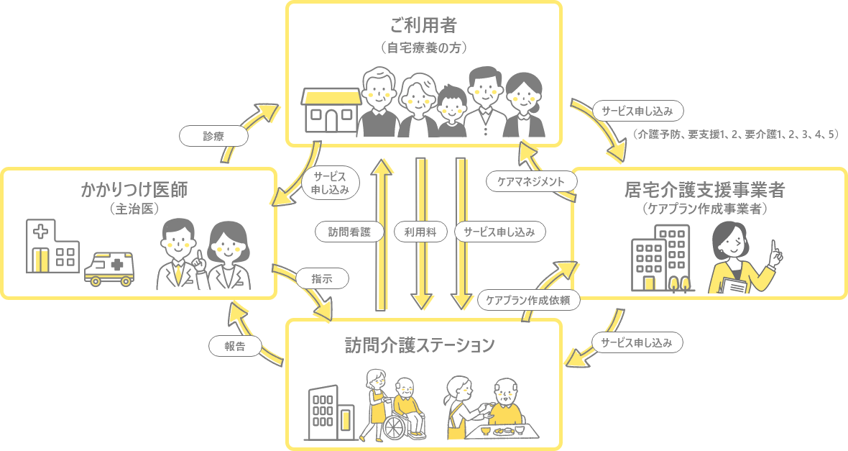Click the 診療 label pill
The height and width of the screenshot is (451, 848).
pos(213,137)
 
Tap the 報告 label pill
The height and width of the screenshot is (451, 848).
pos(234,346)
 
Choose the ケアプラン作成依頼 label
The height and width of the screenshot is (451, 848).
pos(528,301)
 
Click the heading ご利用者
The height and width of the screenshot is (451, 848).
pos(424,26)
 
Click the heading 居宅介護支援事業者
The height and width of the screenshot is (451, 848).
pos(704,190)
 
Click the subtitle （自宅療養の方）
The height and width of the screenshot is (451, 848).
pos(424,48)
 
